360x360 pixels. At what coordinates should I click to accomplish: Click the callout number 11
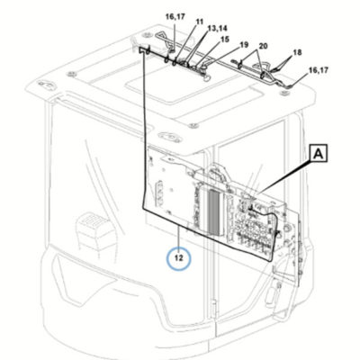(200, 22)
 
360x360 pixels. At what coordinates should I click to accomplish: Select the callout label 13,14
(218, 28)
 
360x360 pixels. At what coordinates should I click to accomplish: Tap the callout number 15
(225, 40)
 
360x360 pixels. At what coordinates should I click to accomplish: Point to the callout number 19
(244, 45)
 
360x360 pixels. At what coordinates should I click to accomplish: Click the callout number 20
(263, 46)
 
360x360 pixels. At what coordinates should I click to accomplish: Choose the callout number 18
(297, 52)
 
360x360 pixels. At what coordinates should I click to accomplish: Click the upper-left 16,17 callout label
(175, 17)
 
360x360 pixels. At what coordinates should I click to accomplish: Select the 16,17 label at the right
(319, 70)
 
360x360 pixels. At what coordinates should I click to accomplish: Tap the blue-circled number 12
(179, 257)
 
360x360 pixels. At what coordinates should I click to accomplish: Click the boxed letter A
(319, 154)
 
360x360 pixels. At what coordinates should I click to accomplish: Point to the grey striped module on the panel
(213, 212)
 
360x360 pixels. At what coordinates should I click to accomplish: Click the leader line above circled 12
(179, 237)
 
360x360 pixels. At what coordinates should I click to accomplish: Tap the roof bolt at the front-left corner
(71, 74)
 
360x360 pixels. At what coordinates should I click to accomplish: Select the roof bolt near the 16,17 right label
(282, 94)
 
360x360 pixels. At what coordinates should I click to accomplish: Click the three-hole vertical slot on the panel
(159, 193)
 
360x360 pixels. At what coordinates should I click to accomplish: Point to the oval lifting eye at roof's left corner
(47, 85)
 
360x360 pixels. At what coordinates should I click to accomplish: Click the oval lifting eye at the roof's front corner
(169, 137)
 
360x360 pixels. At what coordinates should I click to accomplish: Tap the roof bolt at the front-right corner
(193, 125)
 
